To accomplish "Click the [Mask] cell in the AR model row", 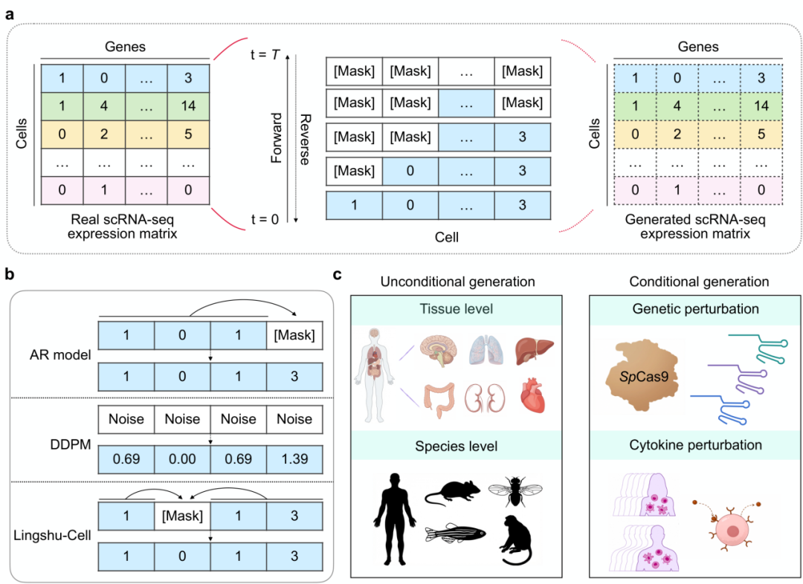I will coord(294,335).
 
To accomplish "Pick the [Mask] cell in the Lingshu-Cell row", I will coord(183,516).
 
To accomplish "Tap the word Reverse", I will coord(304,138).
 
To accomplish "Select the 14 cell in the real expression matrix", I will coord(188,106).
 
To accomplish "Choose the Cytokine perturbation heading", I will coord(696,445).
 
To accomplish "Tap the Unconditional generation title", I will coord(457,282).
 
